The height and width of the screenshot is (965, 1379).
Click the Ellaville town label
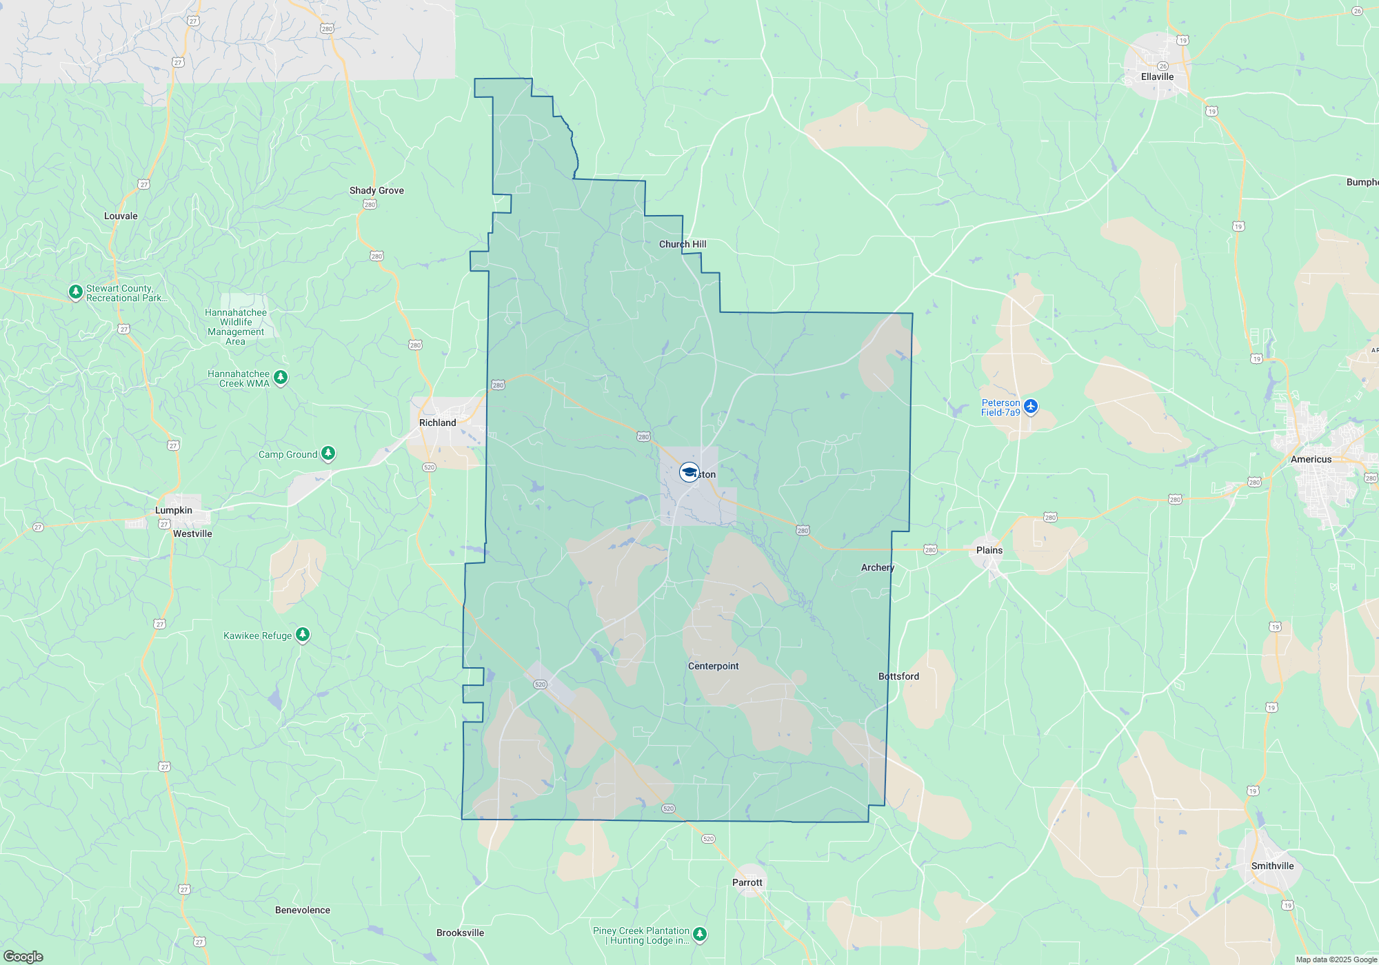pos(1157,77)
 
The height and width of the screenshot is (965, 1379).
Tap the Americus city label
pos(1311,459)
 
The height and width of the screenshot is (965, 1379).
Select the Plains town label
pos(989,550)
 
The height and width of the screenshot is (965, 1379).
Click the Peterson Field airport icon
pos(1031,406)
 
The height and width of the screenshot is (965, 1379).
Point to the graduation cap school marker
pos(689,472)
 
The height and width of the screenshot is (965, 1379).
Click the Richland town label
pos(437,423)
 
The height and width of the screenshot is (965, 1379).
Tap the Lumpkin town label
pos(173,510)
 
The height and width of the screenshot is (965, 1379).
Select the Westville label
pos(192,534)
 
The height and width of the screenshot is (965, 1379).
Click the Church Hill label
pos(682,244)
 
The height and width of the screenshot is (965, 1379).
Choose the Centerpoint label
pos(713,666)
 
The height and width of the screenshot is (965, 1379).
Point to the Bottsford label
pos(898,676)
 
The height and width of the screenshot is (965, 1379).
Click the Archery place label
pos(877,567)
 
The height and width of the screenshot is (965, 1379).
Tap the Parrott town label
pos(747,882)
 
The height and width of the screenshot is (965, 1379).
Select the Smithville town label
pos(1272,866)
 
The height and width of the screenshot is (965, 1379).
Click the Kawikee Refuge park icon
pos(303,634)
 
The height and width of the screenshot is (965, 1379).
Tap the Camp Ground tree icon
pos(328,453)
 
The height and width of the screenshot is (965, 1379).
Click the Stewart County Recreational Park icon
pos(76,292)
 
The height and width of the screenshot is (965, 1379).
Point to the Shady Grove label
pos(376,190)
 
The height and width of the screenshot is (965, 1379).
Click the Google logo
pos(23,957)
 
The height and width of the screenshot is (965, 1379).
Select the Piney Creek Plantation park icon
pos(700,934)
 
